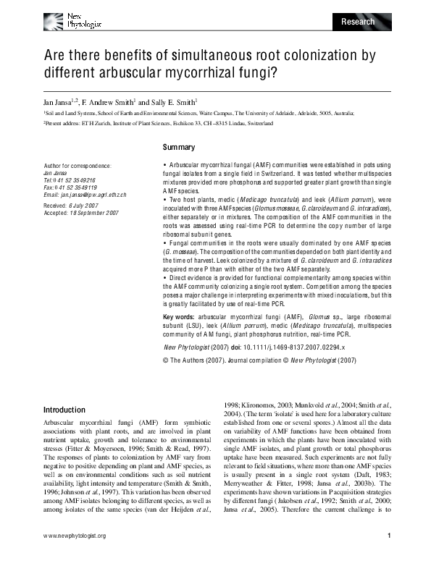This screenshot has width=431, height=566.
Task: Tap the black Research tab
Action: (358, 22)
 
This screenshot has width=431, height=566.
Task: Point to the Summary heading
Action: (179, 148)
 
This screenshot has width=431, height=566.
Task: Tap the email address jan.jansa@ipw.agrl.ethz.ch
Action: (85, 195)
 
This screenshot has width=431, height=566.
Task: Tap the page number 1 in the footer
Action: (389, 556)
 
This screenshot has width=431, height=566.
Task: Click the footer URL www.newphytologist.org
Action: (75, 556)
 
